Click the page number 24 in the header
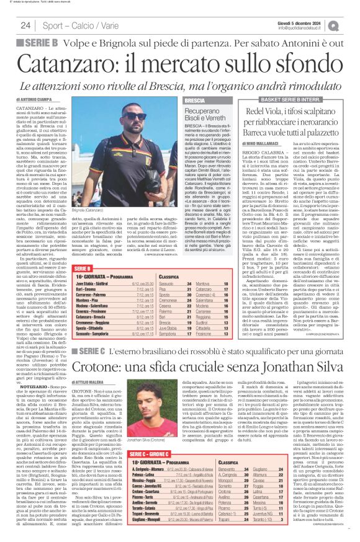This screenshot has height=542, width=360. point(25,25)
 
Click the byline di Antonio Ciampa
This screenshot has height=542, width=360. point(35,99)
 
